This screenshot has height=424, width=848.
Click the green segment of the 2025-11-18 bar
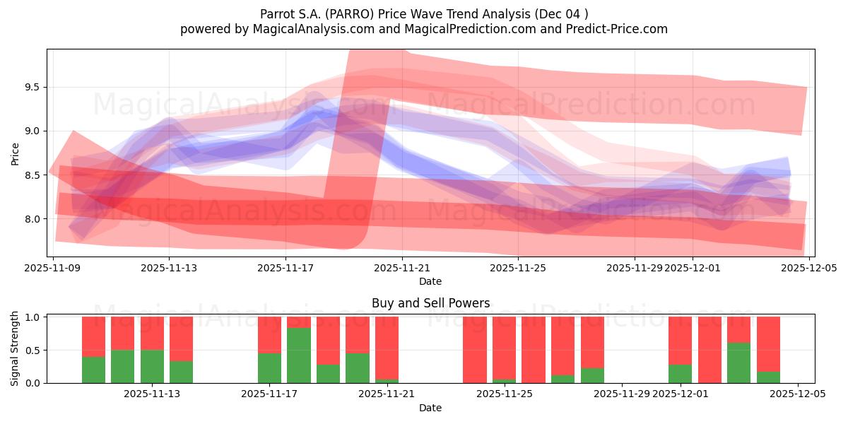[298, 355]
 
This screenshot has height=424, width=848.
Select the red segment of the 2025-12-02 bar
[709, 350]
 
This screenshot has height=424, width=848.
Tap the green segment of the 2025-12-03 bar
[738, 363]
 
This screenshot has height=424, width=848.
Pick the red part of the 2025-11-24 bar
[475, 350]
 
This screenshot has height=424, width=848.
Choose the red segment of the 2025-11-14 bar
[181, 338]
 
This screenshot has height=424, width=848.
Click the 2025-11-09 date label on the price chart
[53, 268]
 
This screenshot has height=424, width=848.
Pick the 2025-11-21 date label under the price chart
[401, 268]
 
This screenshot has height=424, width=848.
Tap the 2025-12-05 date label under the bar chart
[798, 394]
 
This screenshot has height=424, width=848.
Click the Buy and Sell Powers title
[430, 303]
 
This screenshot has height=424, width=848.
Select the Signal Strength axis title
[15, 350]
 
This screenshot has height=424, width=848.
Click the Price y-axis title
[15, 153]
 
